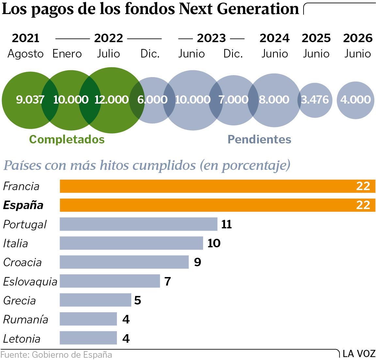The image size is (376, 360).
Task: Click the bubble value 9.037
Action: click(30, 100)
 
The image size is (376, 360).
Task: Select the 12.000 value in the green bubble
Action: click(111, 100)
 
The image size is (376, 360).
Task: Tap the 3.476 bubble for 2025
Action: click(315, 100)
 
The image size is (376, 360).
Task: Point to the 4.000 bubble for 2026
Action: click(355, 100)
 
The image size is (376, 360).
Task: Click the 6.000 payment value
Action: click(152, 100)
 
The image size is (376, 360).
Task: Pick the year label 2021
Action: click(25, 38)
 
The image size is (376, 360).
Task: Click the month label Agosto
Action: click(25, 54)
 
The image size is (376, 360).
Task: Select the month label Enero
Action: click(67, 54)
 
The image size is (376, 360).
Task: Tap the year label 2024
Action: click(274, 38)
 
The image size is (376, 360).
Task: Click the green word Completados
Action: click(67, 139)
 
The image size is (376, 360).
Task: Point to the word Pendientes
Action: click(259, 139)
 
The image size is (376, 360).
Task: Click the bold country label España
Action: click(23, 205)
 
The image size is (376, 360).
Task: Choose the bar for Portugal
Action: click(138, 224)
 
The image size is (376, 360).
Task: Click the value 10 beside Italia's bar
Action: click(214, 243)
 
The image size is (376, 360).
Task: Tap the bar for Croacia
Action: click(124, 262)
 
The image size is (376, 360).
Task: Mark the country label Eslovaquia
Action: click(30, 281)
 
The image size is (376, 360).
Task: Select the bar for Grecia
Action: click(95, 300)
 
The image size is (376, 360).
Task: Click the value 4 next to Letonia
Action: click(126, 338)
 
